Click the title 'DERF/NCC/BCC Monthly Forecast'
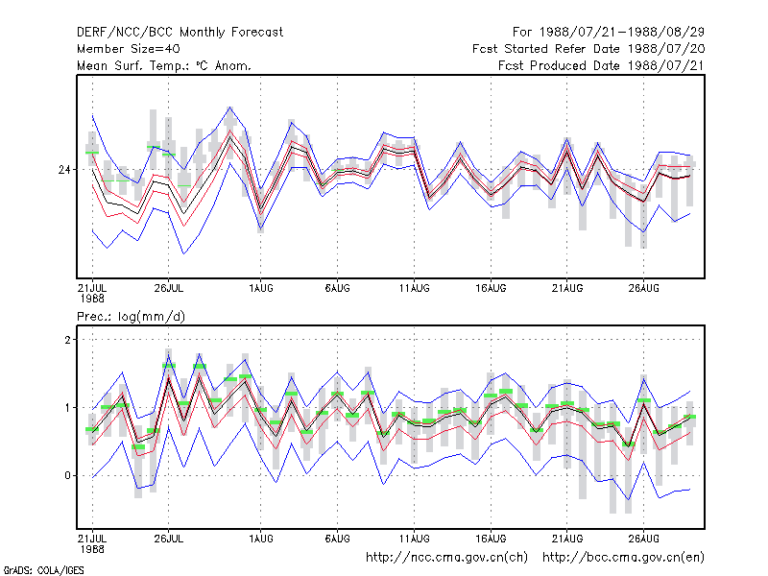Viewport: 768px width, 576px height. (180, 33)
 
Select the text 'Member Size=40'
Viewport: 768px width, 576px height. (129, 49)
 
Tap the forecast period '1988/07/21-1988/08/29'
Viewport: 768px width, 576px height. (622, 33)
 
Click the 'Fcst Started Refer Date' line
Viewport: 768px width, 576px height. (588, 49)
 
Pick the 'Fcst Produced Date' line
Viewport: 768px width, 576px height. (602, 65)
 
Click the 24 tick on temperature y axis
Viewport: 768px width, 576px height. (64, 170)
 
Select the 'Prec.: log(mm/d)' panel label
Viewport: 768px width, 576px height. (131, 317)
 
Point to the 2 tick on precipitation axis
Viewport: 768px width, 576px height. (67, 340)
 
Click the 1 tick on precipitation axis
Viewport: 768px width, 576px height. (67, 407)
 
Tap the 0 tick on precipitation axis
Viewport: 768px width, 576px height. (67, 475)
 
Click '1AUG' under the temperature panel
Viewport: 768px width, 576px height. (260, 289)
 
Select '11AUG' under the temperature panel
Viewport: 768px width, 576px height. (415, 289)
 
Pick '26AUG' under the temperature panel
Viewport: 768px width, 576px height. (643, 289)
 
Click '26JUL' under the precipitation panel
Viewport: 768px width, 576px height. (169, 539)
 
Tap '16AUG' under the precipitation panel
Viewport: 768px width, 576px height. (491, 539)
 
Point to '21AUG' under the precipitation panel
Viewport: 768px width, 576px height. (567, 539)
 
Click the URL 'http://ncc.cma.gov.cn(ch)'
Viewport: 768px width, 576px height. (446, 558)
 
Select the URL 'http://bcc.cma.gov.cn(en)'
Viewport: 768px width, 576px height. (623, 558)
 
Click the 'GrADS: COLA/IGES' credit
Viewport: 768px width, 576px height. (43, 570)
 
